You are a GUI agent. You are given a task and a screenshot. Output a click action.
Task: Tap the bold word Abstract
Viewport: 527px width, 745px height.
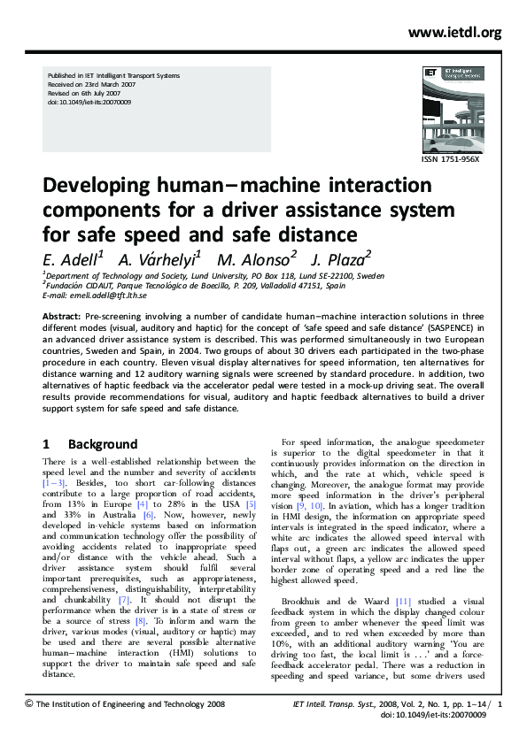click(x=62, y=315)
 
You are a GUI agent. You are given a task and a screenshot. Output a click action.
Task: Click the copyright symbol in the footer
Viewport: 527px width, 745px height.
click(x=29, y=703)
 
